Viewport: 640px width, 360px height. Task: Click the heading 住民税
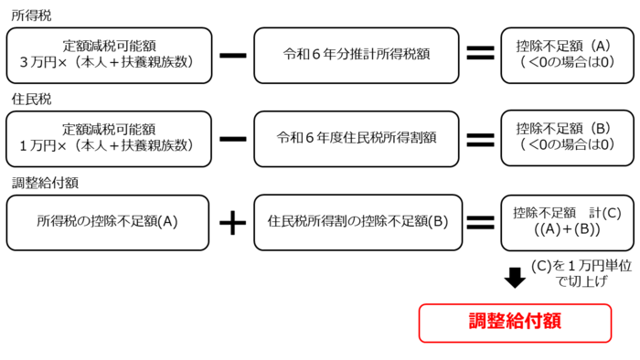(x=27, y=96)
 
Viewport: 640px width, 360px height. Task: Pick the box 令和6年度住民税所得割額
(x=357, y=138)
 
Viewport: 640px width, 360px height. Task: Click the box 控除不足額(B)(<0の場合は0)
(x=562, y=138)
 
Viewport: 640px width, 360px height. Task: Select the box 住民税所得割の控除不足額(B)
(x=357, y=222)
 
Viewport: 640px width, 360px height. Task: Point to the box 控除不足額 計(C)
(x=562, y=222)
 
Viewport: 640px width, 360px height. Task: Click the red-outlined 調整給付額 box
(x=515, y=323)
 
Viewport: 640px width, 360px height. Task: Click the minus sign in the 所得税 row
(x=233, y=54)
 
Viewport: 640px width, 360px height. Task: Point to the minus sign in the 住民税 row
(x=233, y=138)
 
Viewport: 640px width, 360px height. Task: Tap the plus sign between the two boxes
(x=233, y=222)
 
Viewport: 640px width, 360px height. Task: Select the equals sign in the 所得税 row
(x=480, y=54)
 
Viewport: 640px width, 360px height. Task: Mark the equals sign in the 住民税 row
(x=480, y=138)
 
